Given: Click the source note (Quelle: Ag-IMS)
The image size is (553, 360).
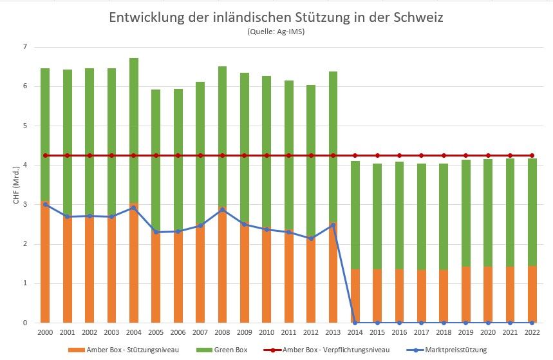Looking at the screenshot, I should tap(276, 32).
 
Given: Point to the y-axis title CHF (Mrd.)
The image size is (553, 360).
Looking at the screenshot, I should tap(16, 185).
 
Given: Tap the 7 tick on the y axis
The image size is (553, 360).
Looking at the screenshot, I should tap(24, 47).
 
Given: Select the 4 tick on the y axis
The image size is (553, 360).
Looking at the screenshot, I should tap(24, 166).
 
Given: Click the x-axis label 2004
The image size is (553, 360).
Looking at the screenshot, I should tap(133, 332).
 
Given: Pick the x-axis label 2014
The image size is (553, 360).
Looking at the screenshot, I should tap(355, 332).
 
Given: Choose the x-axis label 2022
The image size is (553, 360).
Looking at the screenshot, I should tap(532, 332).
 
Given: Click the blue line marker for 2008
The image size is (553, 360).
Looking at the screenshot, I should tap(222, 210).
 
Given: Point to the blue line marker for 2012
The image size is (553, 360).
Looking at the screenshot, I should tap(311, 238).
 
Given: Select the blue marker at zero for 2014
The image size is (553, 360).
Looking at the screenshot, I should tap(355, 323).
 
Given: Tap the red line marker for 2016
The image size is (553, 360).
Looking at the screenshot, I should tap(399, 155).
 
